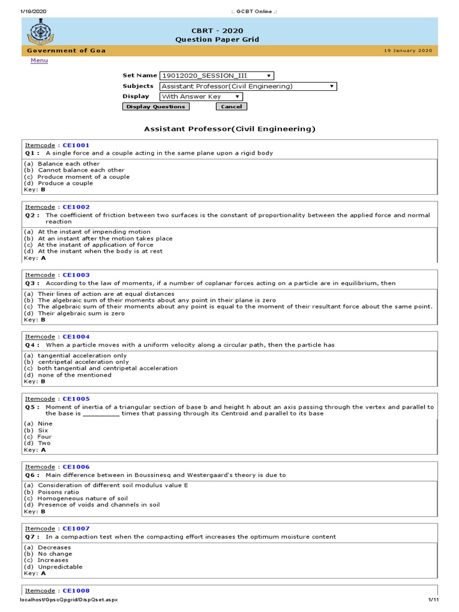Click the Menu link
click(39, 61)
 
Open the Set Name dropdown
click(216, 76)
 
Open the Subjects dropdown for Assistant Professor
click(248, 86)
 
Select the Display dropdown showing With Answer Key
click(201, 96)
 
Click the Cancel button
click(231, 106)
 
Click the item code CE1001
click(76, 145)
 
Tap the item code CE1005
click(76, 399)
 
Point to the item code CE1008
click(76, 590)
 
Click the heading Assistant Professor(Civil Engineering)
click(229, 128)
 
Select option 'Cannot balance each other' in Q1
click(81, 170)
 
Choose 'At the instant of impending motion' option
click(94, 232)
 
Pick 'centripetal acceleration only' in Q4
click(83, 362)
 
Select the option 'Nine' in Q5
click(45, 424)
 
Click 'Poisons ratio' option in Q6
click(58, 492)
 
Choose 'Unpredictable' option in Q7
click(60, 567)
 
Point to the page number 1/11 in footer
click(434, 599)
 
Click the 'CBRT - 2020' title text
click(217, 30)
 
